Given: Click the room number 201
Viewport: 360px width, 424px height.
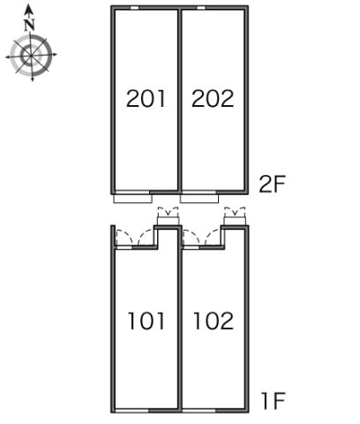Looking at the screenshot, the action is [x=146, y=98].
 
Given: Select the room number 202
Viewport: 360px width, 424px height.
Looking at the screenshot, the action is [x=213, y=98].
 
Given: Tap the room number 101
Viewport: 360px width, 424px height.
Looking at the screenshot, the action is [x=146, y=321].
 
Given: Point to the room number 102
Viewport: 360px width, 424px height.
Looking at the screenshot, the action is [x=214, y=321].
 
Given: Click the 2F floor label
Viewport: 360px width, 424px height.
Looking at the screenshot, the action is [x=272, y=184].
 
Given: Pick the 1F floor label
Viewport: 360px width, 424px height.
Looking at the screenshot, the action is [x=274, y=401].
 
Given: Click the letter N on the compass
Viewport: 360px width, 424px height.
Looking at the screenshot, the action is [x=29, y=25].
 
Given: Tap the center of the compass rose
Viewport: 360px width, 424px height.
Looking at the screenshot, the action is [x=31, y=55].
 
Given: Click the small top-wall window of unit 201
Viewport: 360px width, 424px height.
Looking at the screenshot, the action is [x=134, y=8].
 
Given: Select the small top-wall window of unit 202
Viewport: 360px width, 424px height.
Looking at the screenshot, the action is [x=201, y=8].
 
